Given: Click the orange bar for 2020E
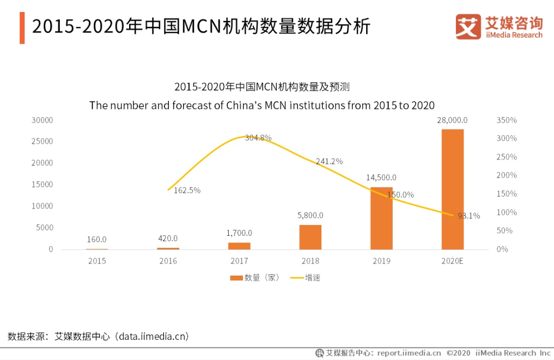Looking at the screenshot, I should point(453,189).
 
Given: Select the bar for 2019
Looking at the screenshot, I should point(381,218).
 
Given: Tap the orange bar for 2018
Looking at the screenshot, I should point(311,237).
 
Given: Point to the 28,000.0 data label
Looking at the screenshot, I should point(452,120).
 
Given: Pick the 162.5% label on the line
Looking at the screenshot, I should point(187,190).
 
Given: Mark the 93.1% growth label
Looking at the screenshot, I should point(468,216).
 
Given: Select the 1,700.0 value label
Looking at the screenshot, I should point(239,233).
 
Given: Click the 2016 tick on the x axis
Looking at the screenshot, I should point(168,261).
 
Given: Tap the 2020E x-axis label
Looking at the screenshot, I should point(453,261).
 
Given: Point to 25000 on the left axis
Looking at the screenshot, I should point(42,141).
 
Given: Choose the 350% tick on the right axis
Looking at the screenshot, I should point(507,120).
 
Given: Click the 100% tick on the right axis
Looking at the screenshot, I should point(507,212).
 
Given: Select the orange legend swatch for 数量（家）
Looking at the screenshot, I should point(236,278).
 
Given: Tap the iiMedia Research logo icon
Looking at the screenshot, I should point(468,27).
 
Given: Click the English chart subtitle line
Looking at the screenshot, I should point(262,105).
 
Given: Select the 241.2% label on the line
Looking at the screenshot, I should point(329,161).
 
